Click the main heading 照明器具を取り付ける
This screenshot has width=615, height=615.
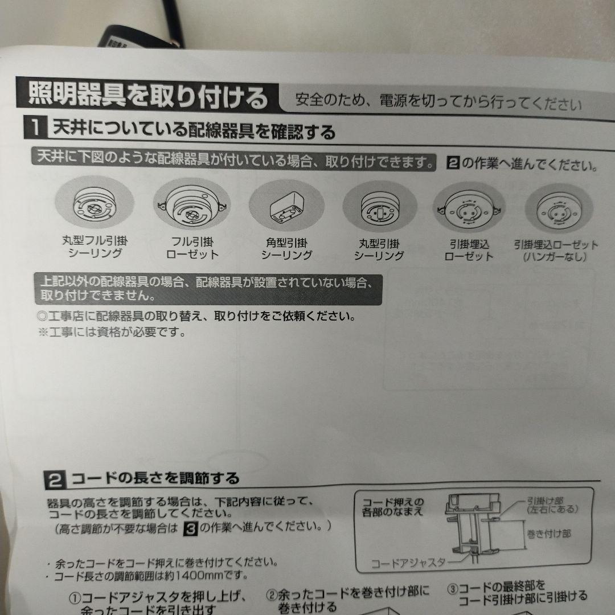click(x=147, y=96)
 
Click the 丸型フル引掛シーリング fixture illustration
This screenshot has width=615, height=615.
click(x=95, y=206)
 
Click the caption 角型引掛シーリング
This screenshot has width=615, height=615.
click(x=286, y=249)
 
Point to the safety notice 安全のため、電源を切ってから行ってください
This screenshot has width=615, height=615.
click(x=438, y=104)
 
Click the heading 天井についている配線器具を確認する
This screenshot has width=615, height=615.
click(x=194, y=132)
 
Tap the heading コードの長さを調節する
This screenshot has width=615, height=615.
click(x=154, y=478)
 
